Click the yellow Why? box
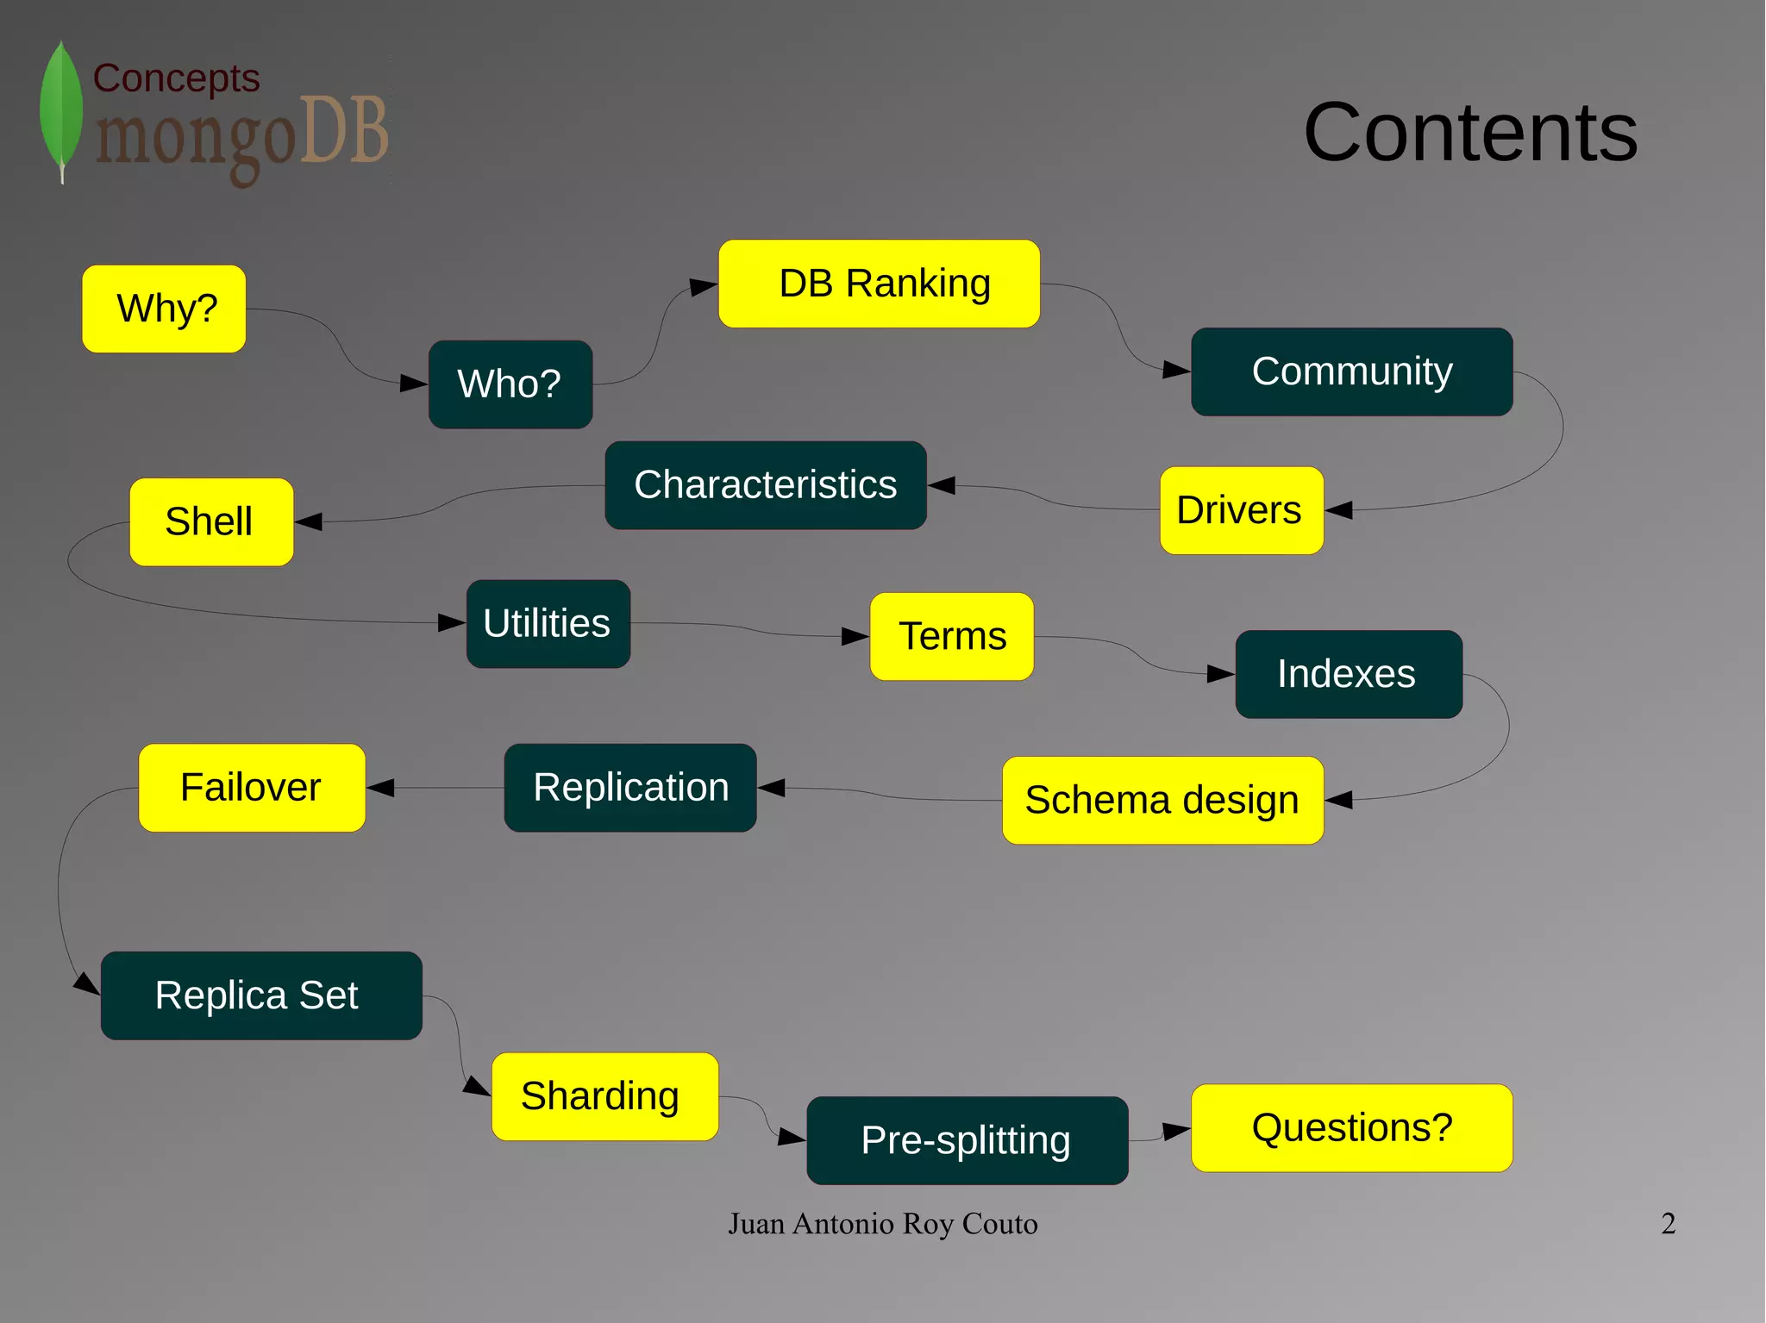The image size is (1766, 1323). point(164,309)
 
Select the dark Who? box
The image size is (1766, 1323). point(510,384)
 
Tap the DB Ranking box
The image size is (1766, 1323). point(879,284)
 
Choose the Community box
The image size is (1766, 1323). point(1351,371)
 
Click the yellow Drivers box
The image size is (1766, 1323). point(1241,510)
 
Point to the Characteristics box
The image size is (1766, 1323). point(766,485)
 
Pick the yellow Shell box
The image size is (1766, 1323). point(211,522)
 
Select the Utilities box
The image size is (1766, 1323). point(548,624)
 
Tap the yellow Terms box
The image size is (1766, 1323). point(952,637)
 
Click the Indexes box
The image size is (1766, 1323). point(1348,674)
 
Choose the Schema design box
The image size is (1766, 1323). point(1162,801)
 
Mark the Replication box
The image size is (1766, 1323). point(630,788)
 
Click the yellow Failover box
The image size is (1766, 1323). point(252,788)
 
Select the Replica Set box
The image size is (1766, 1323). point(261,995)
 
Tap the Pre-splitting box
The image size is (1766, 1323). point(967,1140)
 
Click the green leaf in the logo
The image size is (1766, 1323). point(61,108)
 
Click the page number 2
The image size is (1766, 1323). point(1668,1224)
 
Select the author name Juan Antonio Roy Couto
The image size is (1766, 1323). point(882,1224)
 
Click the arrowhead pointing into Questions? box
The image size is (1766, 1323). point(1176,1131)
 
